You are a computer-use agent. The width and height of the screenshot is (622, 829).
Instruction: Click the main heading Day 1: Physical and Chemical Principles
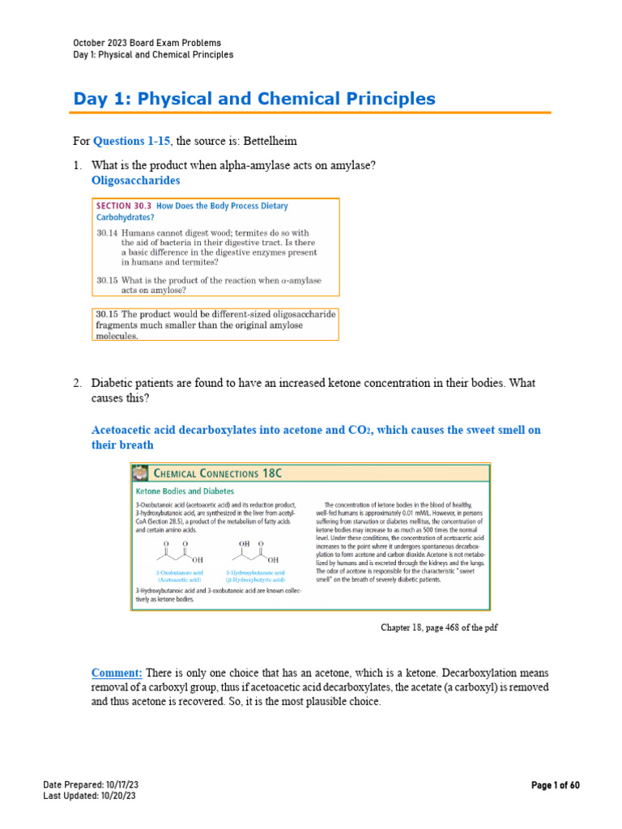click(x=254, y=99)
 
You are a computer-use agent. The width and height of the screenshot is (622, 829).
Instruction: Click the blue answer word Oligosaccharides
click(x=136, y=180)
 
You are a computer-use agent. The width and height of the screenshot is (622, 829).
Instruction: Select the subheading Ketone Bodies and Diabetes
click(x=185, y=491)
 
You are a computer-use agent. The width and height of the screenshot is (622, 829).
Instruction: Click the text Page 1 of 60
click(x=556, y=785)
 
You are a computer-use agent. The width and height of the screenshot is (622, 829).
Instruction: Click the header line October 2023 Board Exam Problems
click(x=147, y=43)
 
